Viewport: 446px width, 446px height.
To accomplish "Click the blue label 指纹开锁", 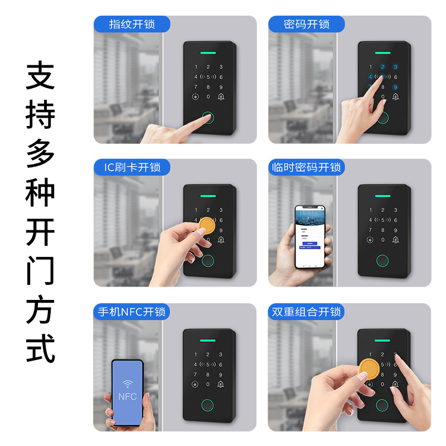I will [132, 25].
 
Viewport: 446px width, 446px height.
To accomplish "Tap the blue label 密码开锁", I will [307, 25].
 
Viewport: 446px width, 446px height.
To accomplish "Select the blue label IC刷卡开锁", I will [132, 167].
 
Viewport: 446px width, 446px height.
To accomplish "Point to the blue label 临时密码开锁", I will [307, 167].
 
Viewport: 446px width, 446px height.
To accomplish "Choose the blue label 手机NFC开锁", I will [132, 312].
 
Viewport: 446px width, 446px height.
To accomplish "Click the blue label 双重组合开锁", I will [307, 312].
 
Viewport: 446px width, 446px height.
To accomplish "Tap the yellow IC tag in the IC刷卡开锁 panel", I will [207, 225].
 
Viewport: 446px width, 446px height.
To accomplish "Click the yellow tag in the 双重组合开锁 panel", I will [368, 367].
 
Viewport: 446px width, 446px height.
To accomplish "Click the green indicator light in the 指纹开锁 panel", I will [209, 54].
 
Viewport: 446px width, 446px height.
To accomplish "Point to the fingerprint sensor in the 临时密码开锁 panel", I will [382, 261].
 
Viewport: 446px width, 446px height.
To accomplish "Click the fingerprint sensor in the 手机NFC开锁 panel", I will [208, 405].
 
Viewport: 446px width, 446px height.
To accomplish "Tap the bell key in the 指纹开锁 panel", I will [221, 97].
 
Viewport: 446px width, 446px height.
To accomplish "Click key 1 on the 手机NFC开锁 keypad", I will [195, 355].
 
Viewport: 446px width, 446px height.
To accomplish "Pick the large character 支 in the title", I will [41, 76].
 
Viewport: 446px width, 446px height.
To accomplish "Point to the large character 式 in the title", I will [41, 348].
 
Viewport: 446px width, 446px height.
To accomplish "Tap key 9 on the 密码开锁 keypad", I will [396, 87].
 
